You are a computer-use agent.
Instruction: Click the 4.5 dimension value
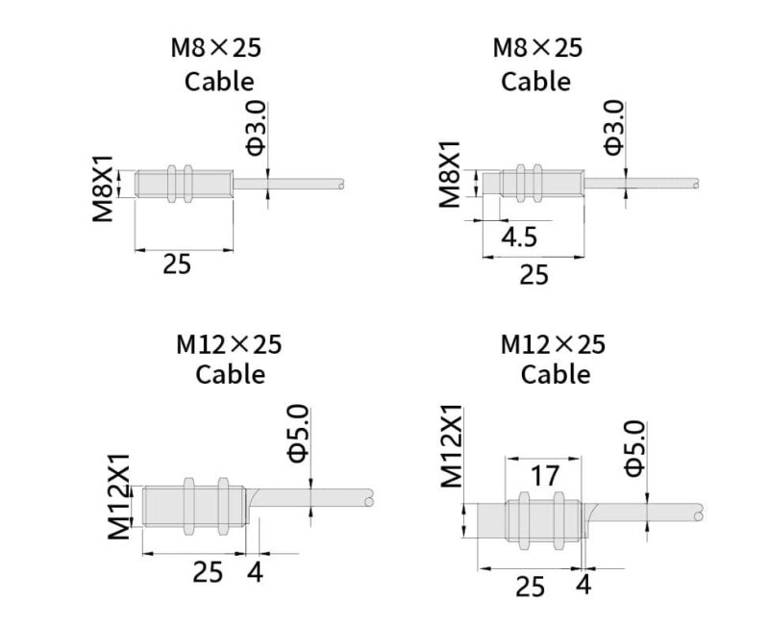519,237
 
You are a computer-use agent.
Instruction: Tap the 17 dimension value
544,476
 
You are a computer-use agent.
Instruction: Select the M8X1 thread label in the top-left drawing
104,188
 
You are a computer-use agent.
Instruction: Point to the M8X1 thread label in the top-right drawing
450,174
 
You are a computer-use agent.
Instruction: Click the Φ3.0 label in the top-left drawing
256,128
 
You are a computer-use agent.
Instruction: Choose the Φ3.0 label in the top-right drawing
614,128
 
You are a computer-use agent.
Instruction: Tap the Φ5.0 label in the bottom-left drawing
299,434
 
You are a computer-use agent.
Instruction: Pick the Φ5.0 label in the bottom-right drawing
634,449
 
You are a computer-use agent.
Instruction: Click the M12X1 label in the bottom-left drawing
119,496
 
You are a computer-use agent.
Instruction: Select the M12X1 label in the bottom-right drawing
451,446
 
